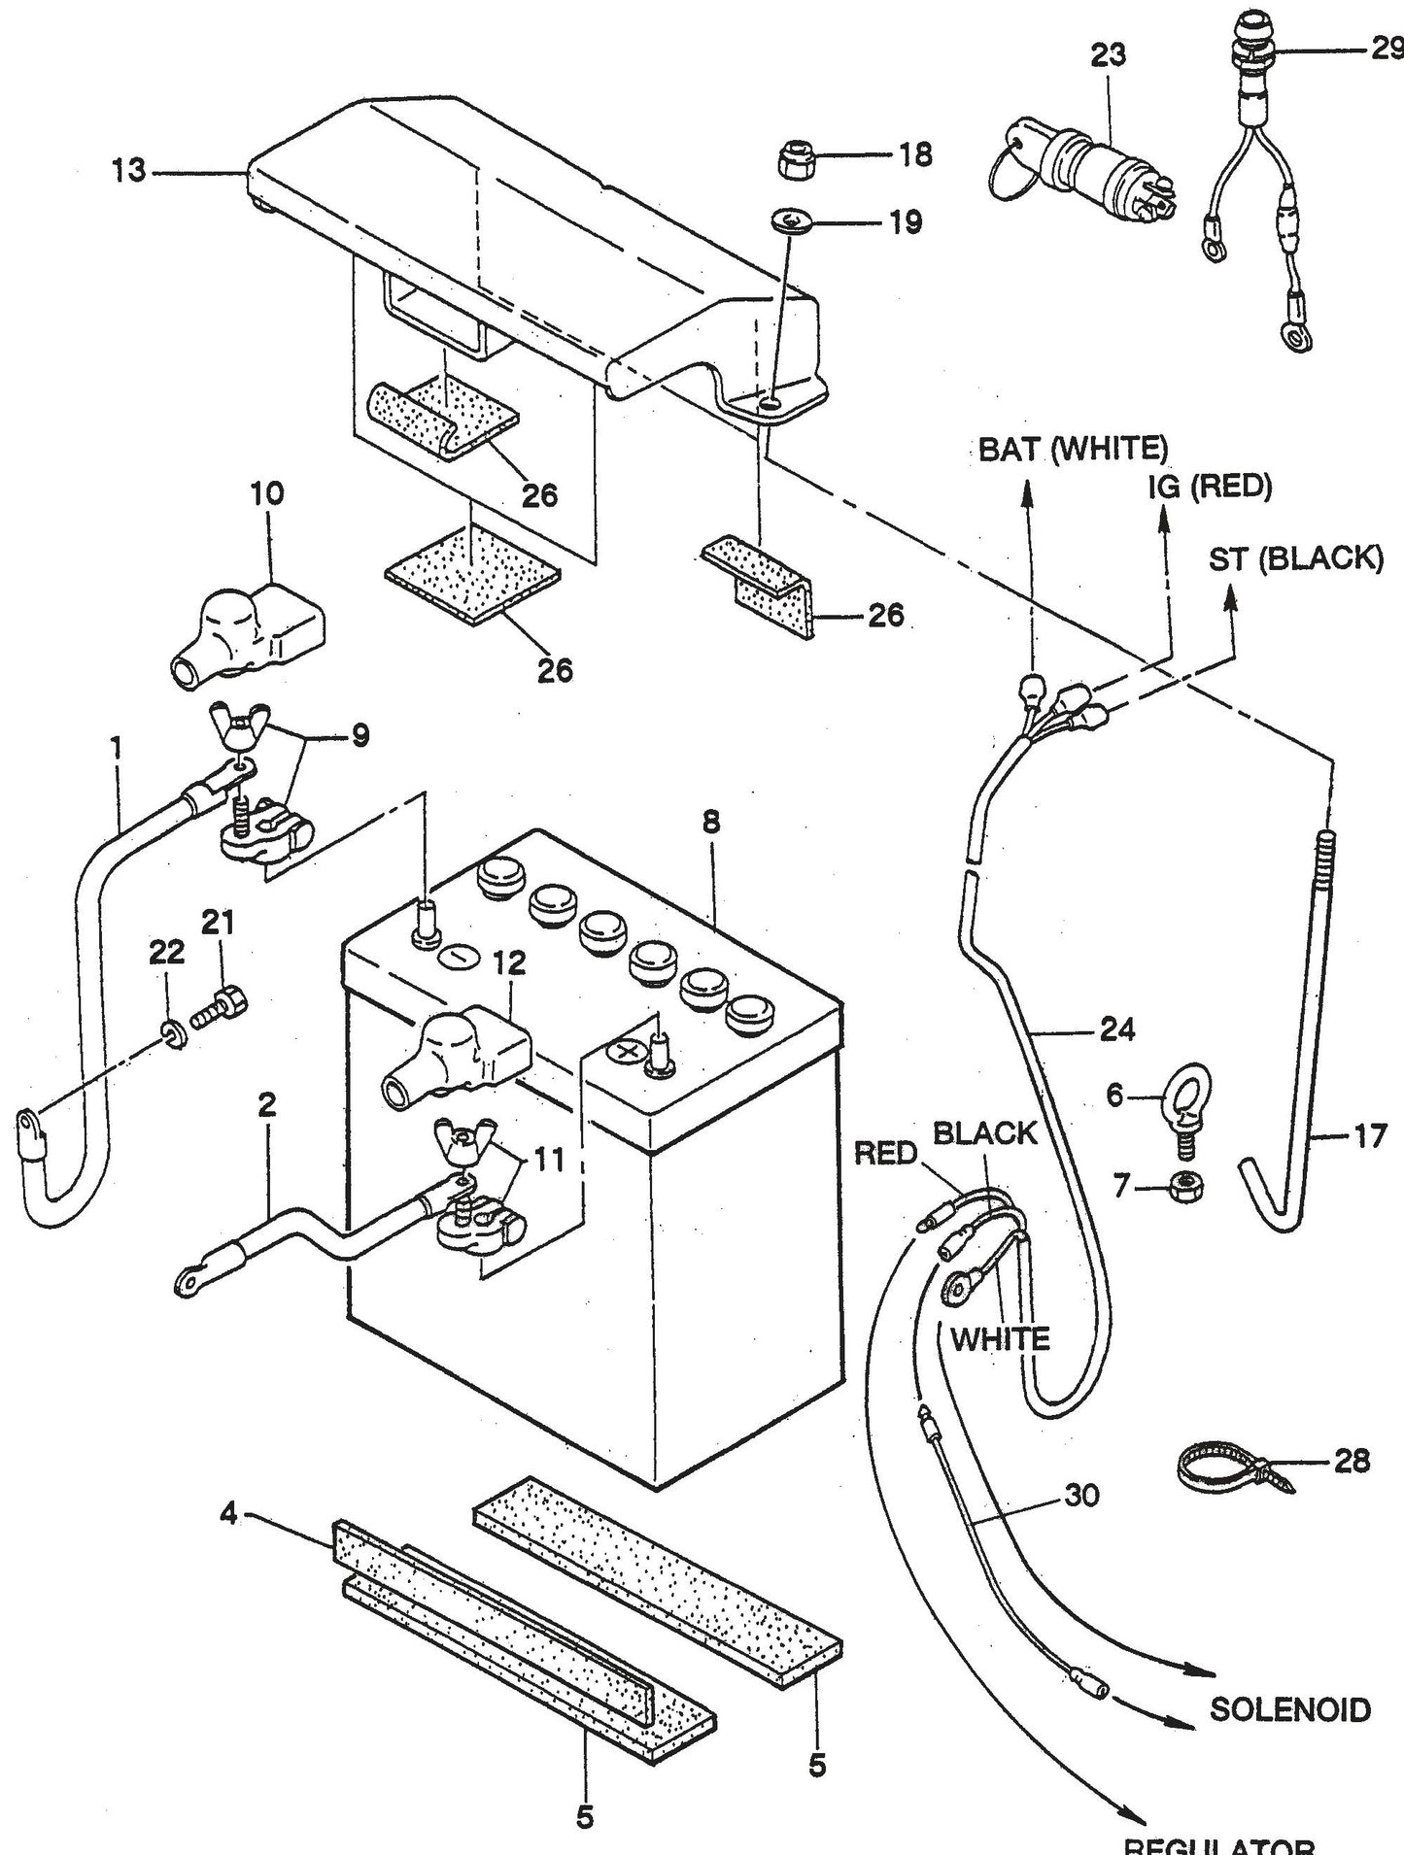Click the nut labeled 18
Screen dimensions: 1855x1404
(x=799, y=157)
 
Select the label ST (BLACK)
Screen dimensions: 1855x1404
(x=1295, y=559)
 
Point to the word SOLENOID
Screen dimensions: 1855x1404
(x=1289, y=1709)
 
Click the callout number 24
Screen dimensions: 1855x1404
(x=1116, y=1029)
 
